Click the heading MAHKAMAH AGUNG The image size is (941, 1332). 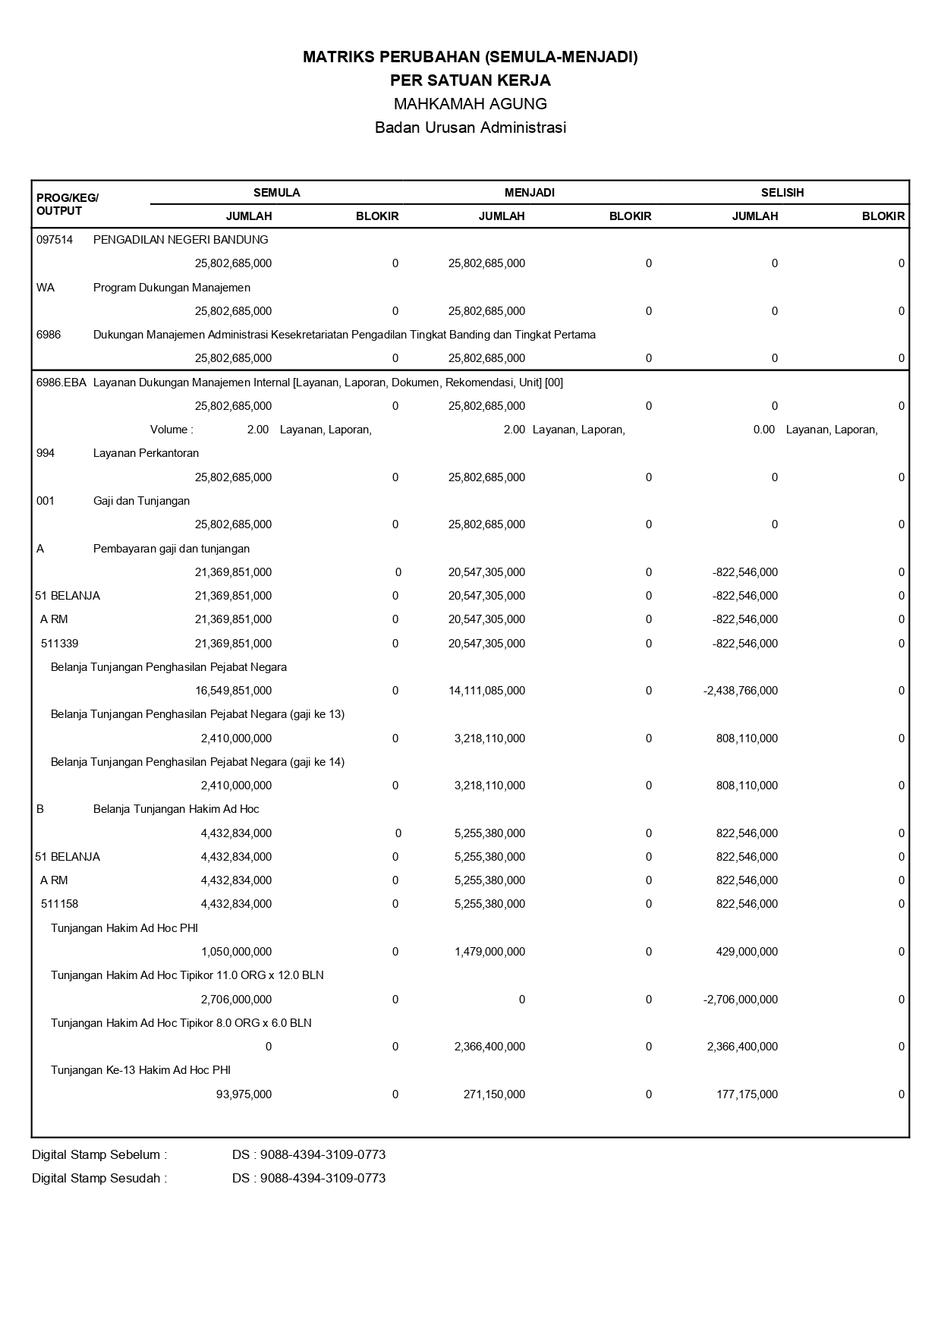point(470,104)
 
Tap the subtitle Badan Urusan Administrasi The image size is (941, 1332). point(470,128)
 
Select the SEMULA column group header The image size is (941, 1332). point(276,193)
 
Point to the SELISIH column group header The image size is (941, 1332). point(782,193)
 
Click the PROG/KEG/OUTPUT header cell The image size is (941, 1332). point(67,204)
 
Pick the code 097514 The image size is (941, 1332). point(55,240)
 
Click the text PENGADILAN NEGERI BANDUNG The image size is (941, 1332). point(181,240)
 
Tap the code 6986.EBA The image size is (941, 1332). point(61,383)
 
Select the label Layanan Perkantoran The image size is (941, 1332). point(146,453)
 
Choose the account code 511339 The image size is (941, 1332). point(59,644)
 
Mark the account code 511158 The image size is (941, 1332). point(59,904)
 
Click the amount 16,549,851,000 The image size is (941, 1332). point(233,691)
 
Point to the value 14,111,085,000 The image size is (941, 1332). point(486,691)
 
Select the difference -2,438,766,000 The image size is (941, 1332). point(741,691)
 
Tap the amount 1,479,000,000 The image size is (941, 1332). point(489,952)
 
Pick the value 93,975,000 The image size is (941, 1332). point(244,1094)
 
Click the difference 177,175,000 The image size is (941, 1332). point(747,1094)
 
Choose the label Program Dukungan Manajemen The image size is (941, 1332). point(172,288)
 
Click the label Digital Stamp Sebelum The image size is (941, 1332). point(99,1155)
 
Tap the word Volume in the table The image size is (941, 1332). point(169,430)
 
